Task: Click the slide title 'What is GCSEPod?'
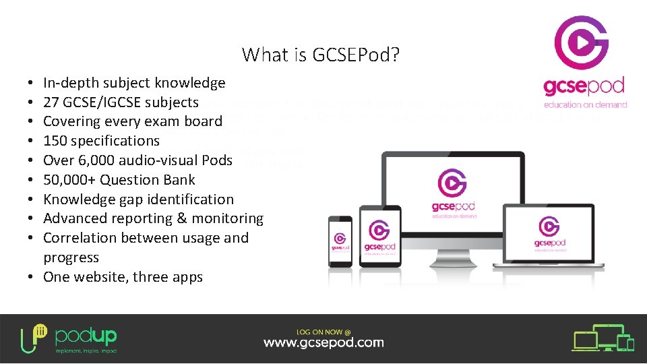[x=321, y=55]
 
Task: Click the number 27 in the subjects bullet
[x=51, y=102]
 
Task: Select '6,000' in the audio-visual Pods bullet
[x=97, y=160]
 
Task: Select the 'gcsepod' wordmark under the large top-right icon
[x=584, y=88]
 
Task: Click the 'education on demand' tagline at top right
[x=585, y=105]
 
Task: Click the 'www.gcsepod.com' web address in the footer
[x=323, y=342]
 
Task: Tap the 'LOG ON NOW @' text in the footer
[x=323, y=331]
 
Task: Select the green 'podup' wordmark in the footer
[x=86, y=336]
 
